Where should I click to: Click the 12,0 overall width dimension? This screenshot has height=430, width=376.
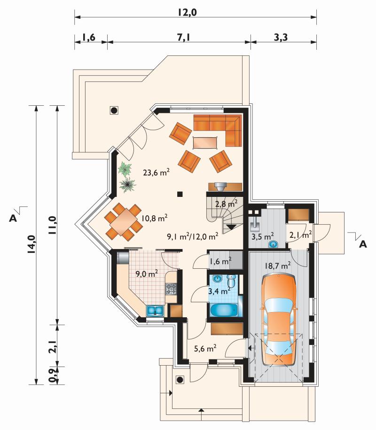pyautogui.click(x=188, y=12)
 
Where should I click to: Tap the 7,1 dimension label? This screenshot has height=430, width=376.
pyautogui.click(x=183, y=37)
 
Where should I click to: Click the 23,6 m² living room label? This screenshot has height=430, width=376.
pyautogui.click(x=156, y=172)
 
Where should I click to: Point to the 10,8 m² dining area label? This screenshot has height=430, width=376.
pyautogui.click(x=154, y=218)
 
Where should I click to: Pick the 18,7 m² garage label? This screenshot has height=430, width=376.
pyautogui.click(x=278, y=265)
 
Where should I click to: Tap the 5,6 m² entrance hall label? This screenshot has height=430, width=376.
pyautogui.click(x=205, y=348)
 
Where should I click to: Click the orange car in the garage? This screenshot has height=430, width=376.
pyautogui.click(x=279, y=319)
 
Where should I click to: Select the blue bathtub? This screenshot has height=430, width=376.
pyautogui.click(x=224, y=309)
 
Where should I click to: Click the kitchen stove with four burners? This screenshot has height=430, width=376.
pyautogui.click(x=171, y=289)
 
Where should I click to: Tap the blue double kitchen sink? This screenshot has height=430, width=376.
pyautogui.click(x=155, y=311)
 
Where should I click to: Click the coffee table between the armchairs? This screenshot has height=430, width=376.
pyautogui.click(x=205, y=142)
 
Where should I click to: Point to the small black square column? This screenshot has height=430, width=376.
pyautogui.click(x=180, y=194)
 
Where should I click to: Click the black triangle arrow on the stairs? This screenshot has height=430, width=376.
pyautogui.click(x=229, y=227)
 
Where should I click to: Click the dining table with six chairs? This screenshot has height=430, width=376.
pyautogui.click(x=124, y=221)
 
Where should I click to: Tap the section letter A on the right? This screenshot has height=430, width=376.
pyautogui.click(x=363, y=244)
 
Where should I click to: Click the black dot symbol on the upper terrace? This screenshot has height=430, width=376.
pyautogui.click(x=114, y=110)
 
